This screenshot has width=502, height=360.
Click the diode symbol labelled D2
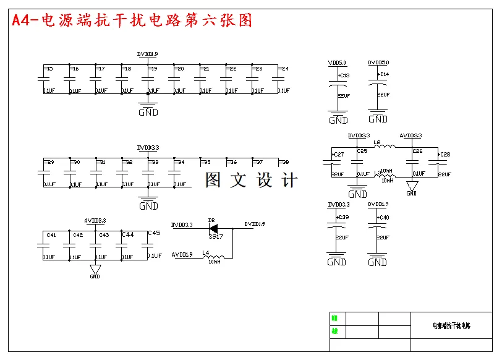pos(213,228)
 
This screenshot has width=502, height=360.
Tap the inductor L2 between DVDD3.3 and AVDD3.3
pos(385,146)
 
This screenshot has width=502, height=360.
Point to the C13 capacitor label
pos(344,75)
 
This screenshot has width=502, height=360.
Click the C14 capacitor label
pos(383,74)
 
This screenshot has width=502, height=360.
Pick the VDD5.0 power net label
pos(337,63)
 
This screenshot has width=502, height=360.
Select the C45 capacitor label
pos(154,233)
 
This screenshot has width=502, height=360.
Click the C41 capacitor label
pos(51,235)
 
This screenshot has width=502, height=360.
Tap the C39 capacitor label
pos(342,217)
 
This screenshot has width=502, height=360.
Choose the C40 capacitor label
pos(383,217)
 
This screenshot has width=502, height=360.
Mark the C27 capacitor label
pos(338,155)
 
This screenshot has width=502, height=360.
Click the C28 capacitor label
pos(444,154)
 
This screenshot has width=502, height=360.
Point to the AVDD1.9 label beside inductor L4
pos(182,254)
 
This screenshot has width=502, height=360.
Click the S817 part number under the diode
pos(216,236)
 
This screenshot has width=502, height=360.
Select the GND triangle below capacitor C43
pos(95,270)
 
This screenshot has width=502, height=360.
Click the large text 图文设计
pos(252,180)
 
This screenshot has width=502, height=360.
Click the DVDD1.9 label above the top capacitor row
pos(148,54)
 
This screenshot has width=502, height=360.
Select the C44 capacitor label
pos(127,234)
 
